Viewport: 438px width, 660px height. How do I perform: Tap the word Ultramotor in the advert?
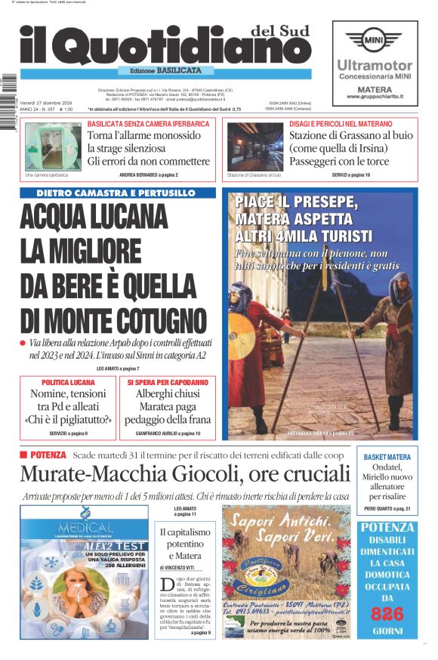[375, 66]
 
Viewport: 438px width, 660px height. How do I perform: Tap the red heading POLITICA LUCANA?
[68, 383]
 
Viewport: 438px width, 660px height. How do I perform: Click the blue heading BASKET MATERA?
[387, 458]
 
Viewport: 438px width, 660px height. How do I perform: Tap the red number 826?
[387, 614]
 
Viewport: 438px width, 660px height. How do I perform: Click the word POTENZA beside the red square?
[48, 455]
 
